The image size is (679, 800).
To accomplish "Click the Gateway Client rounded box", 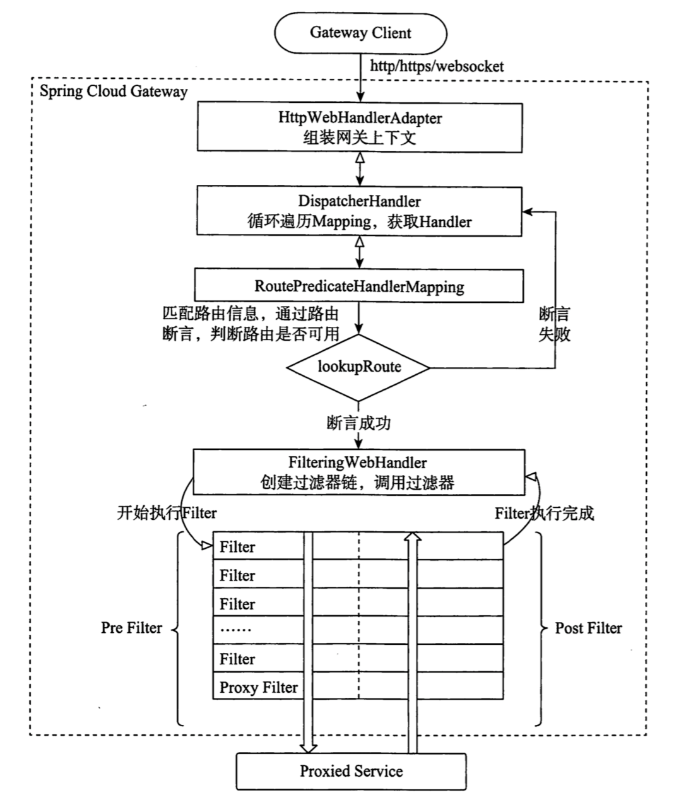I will pos(360,33).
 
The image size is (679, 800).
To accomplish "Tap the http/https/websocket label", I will pos(437,66).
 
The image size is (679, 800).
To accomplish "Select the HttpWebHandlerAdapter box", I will pos(360,127).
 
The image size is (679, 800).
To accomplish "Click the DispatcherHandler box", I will pos(360,211).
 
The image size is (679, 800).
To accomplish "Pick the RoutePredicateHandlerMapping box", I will pos(359,286).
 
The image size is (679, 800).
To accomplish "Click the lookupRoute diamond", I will pos(359,367).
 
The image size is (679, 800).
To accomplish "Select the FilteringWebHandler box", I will pos(358,472).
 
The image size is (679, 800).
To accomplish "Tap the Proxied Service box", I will pos(351,771).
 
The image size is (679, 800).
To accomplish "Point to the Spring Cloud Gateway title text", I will pos(114,91).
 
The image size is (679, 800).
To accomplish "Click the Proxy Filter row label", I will pos(258,687).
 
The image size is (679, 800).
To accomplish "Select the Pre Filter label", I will pos(131,628).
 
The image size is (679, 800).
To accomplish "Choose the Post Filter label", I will pos(588,628).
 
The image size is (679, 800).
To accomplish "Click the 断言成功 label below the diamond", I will pos(358,423).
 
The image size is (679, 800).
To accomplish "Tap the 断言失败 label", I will pos(554,324).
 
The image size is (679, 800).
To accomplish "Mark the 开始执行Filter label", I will pos(167,513).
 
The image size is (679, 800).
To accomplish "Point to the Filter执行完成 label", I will pos(544,513).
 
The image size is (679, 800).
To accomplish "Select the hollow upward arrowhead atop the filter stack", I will pos(412,536).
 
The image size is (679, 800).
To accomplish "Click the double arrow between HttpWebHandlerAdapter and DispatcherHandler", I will pos(360,169).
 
